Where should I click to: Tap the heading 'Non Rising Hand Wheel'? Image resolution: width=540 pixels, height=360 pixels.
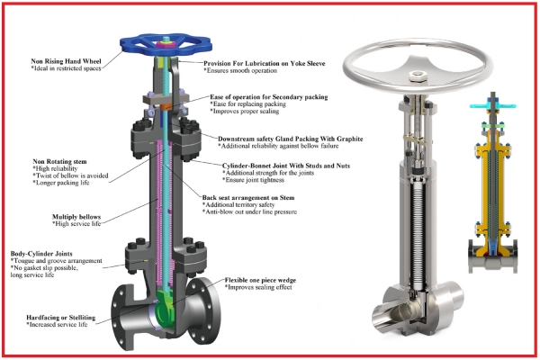66,61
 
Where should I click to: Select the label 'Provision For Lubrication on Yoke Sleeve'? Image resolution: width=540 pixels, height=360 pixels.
264,63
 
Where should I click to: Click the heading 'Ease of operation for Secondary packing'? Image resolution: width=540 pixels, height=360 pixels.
268,97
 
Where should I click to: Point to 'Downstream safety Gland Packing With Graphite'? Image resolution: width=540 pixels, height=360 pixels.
291,139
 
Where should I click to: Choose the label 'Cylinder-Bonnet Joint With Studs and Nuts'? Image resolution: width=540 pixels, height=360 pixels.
286,166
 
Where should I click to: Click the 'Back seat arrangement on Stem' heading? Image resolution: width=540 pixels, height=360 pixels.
248,198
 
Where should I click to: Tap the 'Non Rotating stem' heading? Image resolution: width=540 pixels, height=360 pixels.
59,162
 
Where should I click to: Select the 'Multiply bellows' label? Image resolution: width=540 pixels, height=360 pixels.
76,217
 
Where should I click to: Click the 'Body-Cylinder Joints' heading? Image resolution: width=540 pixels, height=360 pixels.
41,254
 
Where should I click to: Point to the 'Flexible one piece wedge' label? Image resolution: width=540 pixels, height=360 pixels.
260,280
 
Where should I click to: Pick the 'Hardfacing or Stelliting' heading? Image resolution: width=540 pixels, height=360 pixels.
61,318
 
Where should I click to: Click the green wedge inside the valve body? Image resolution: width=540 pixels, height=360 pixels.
165,306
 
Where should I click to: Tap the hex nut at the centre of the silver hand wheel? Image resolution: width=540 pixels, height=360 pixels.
417,76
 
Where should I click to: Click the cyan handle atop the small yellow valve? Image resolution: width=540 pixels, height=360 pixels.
493,105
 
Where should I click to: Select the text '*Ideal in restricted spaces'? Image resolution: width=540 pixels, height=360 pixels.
66,68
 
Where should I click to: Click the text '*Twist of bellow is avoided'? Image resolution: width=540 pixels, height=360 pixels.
70,175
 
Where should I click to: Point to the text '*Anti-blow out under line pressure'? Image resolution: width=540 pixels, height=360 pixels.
249,211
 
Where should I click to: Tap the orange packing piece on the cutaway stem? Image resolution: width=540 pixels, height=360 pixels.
166,107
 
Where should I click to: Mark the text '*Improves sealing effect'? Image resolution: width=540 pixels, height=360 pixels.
258,287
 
